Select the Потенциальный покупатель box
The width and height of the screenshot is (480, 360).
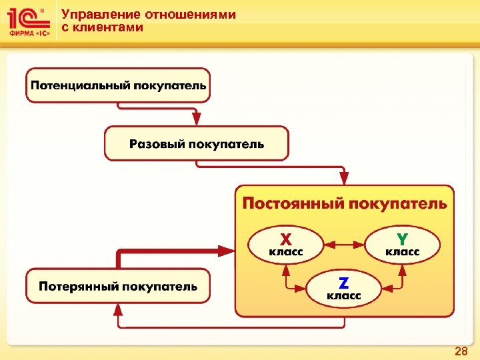click(118, 85)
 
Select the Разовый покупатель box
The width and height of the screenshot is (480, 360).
click(197, 143)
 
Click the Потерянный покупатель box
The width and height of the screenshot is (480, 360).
click(118, 286)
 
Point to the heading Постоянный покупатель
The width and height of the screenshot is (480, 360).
click(344, 203)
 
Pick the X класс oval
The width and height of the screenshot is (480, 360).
click(286, 243)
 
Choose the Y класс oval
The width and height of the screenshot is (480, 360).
click(403, 243)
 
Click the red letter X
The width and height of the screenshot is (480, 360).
click(285, 238)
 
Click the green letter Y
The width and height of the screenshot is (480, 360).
click(403, 238)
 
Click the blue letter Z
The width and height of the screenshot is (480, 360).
click(344, 282)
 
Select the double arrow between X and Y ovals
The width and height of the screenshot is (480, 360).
click(344, 243)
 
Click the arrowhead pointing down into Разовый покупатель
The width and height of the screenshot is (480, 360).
click(197, 119)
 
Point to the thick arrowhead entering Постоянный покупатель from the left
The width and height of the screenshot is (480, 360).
click(227, 251)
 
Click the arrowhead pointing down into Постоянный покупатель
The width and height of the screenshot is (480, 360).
click(344, 177)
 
